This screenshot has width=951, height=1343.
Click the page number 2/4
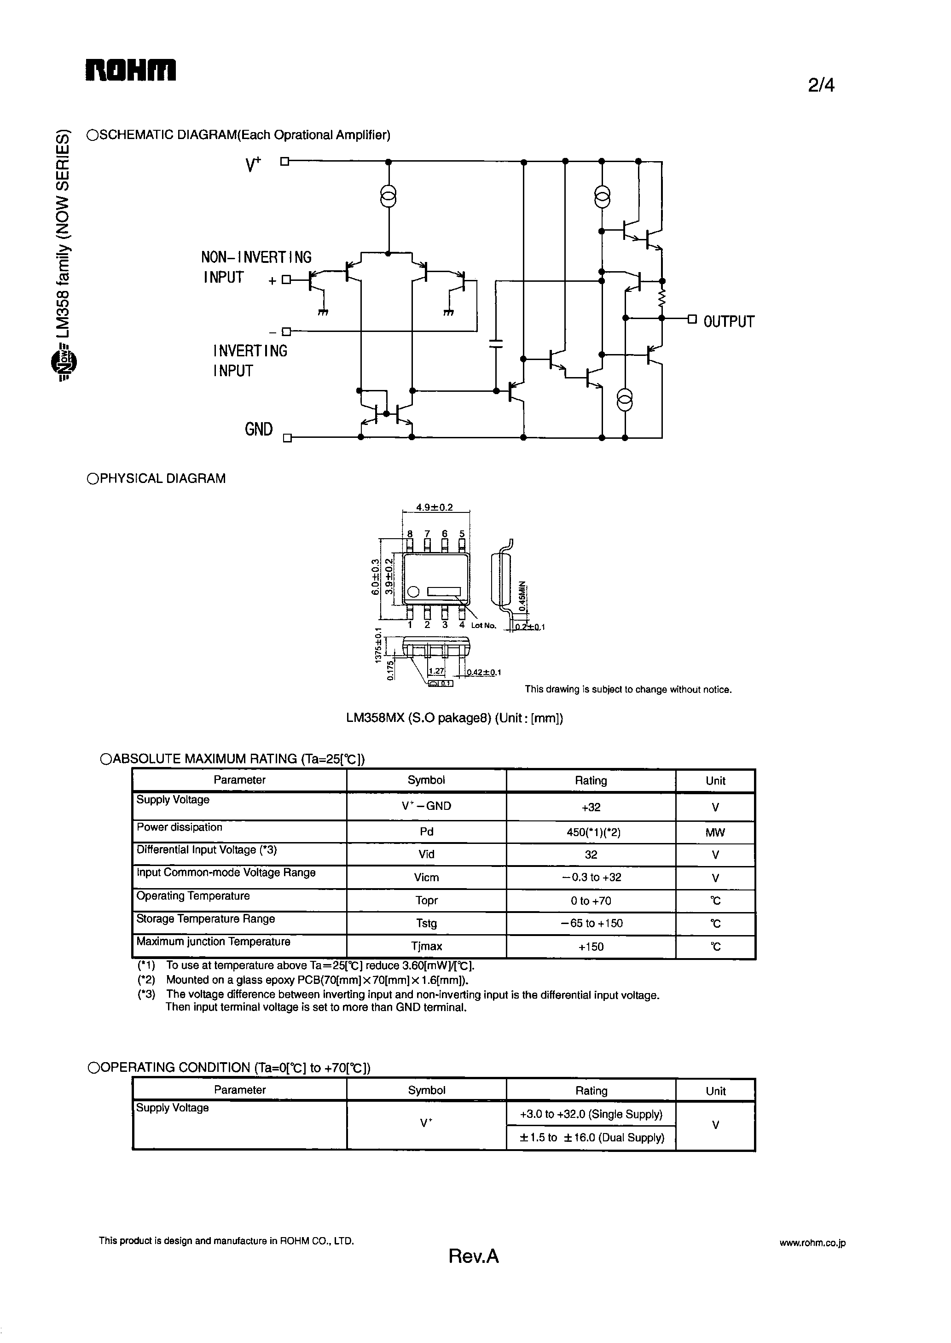821,86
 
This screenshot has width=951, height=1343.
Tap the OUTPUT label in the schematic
729,321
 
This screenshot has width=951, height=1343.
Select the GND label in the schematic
259,429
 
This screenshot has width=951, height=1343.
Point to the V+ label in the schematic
253,165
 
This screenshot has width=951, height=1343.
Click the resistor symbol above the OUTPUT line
662,299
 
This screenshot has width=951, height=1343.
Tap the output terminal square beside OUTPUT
692,319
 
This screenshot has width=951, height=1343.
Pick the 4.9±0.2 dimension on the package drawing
434,507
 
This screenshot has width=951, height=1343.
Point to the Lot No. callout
484,626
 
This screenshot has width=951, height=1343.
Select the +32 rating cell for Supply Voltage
591,807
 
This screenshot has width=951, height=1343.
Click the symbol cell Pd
426,831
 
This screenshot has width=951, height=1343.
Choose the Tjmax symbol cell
426,946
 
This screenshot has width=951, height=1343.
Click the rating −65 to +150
591,923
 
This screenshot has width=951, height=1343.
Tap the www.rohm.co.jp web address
812,1243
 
